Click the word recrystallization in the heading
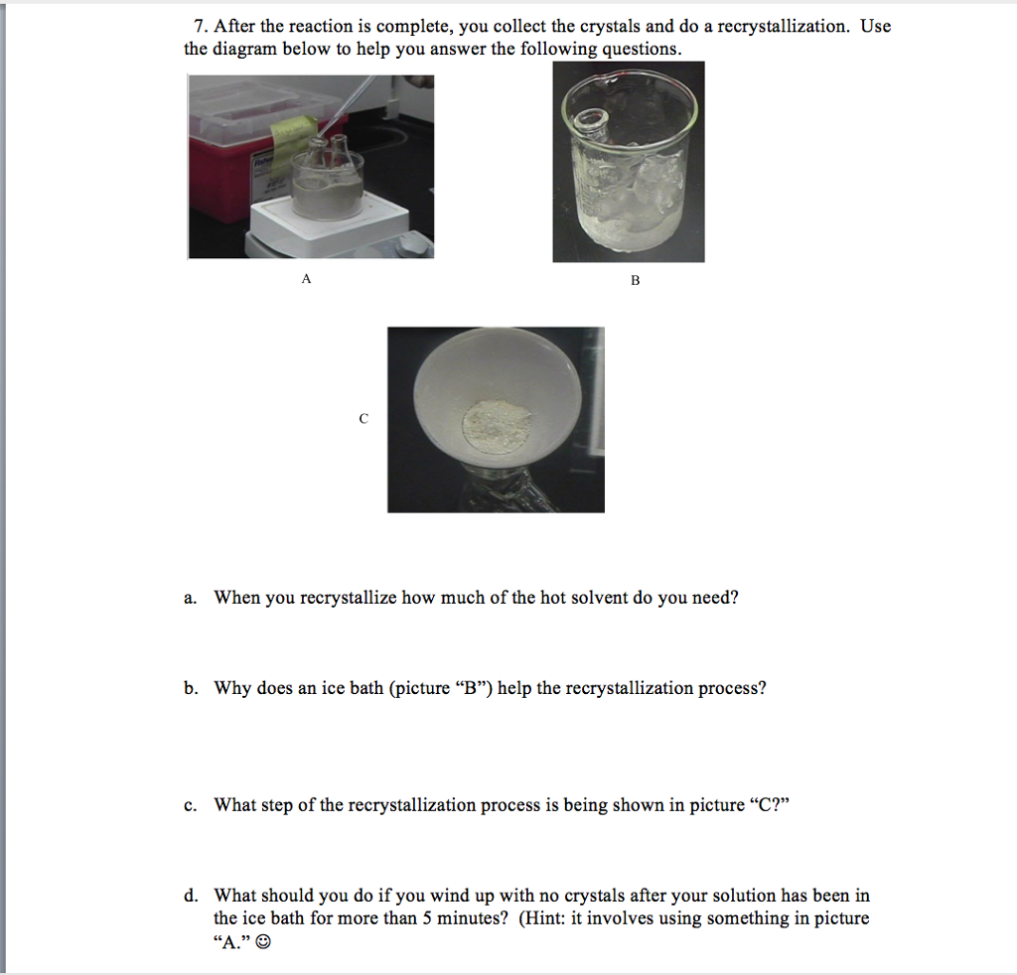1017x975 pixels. (784, 27)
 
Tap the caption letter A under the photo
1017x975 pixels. (306, 280)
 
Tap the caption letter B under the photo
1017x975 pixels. (635, 281)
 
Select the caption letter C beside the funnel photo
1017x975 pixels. (363, 420)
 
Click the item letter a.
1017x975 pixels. (189, 599)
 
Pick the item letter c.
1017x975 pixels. (189, 805)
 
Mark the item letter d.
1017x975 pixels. (189, 896)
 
